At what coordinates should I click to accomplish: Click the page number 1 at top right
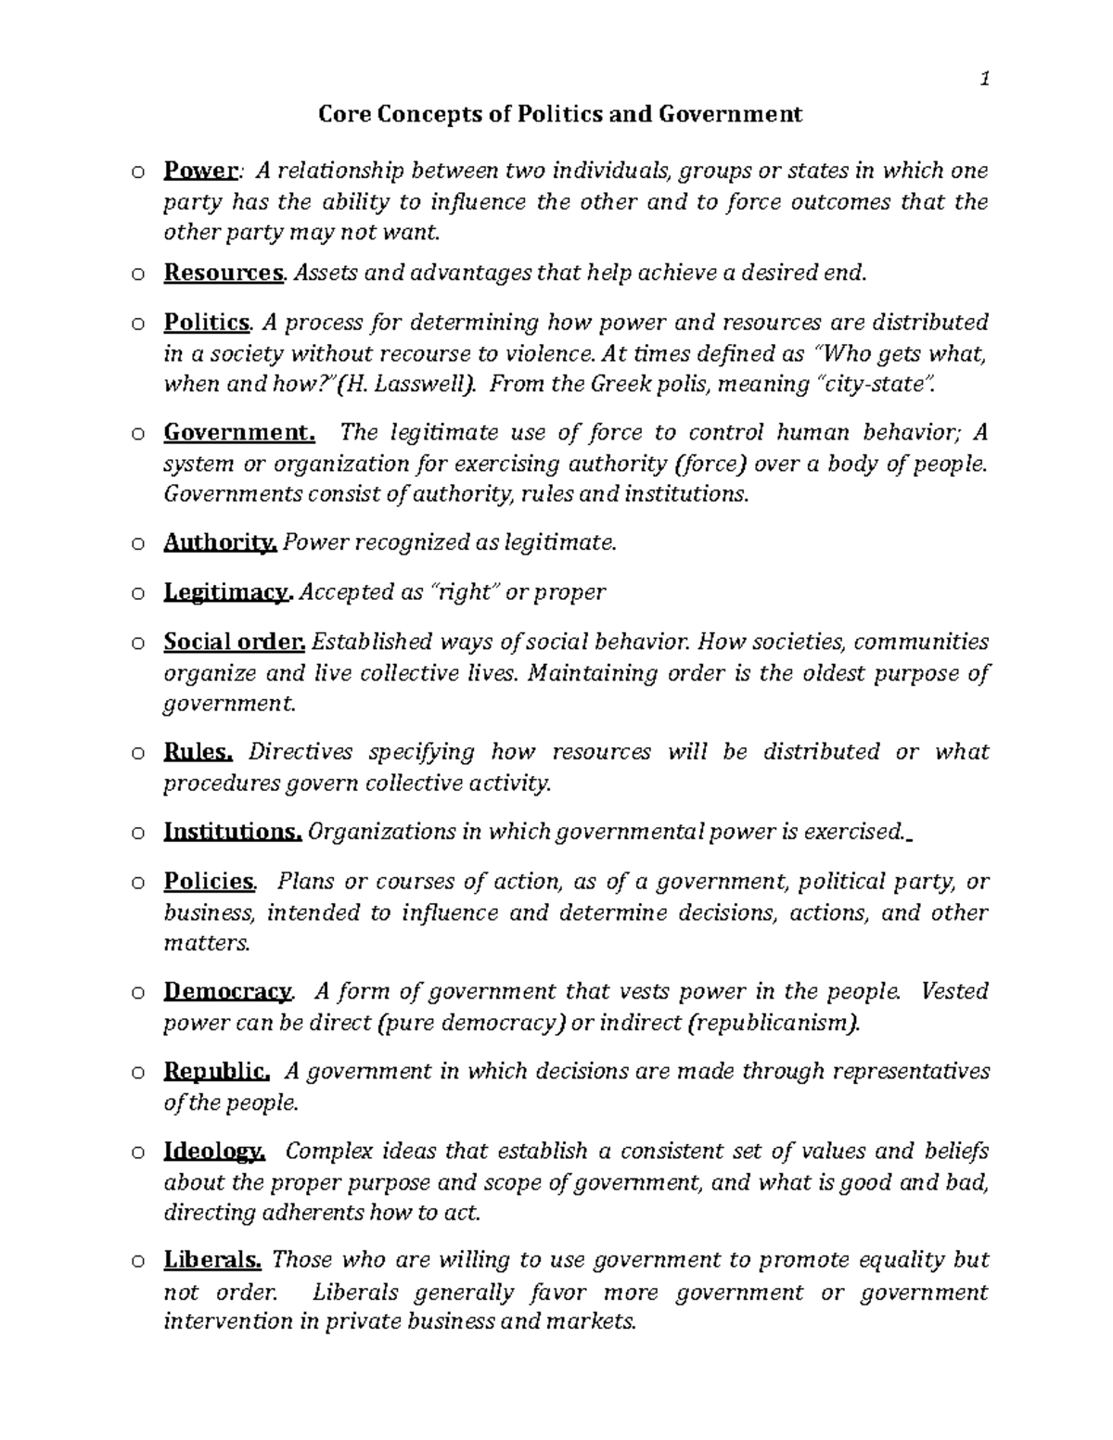tap(985, 80)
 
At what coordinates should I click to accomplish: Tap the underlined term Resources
tap(223, 273)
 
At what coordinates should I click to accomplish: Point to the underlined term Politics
tap(207, 323)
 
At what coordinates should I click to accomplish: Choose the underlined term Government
tap(239, 432)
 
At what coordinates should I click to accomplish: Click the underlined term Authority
tap(220, 543)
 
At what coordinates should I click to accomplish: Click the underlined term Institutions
tap(233, 832)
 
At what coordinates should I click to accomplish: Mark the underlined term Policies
tap(209, 882)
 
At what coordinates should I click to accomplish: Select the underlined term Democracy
tap(227, 992)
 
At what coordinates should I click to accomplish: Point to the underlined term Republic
tap(216, 1072)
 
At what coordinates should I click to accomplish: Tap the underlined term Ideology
tap(214, 1152)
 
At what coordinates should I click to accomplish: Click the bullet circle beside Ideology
tap(137, 1153)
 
